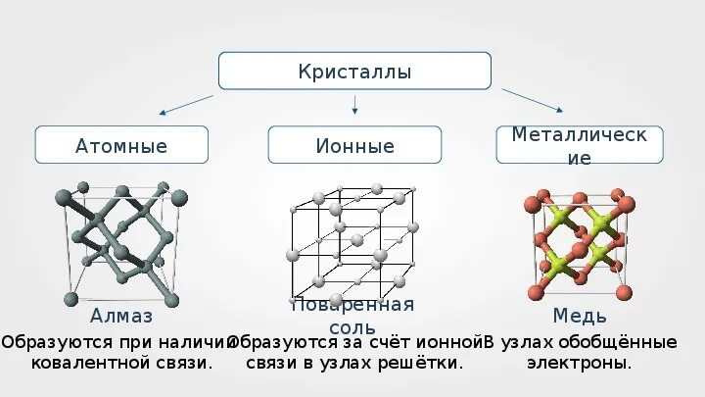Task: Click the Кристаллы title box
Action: pyautogui.click(x=353, y=73)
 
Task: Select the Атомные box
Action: pyautogui.click(x=121, y=146)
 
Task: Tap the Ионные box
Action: pyautogui.click(x=354, y=146)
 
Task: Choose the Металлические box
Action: pyautogui.click(x=580, y=145)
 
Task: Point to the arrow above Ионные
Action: pyautogui.click(x=354, y=104)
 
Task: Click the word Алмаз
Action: pyautogui.click(x=121, y=317)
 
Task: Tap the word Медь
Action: pyautogui.click(x=580, y=317)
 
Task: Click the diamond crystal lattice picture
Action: pyautogui.click(x=121, y=243)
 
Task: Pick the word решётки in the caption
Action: pyautogui.click(x=424, y=363)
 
